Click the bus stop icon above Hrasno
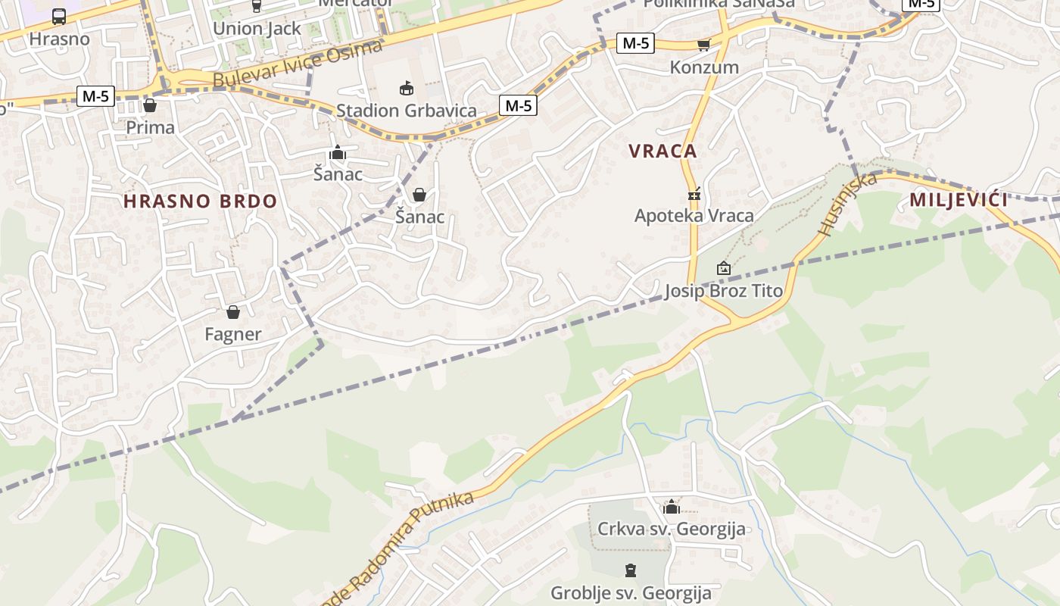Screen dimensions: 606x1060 coord(59,16)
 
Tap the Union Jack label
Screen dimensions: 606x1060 coord(257,29)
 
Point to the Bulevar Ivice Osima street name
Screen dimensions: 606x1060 coord(298,64)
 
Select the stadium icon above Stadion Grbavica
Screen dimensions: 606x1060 coord(407,88)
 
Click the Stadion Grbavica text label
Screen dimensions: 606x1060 coord(407,111)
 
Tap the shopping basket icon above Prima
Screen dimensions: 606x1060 coord(150,105)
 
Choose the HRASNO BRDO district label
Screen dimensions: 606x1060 coord(200,201)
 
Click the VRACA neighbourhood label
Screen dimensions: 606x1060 coord(662,151)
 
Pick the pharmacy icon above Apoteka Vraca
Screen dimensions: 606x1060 coord(694,194)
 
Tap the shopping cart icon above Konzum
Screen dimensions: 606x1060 coord(704,45)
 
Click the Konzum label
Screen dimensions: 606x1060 coord(704,67)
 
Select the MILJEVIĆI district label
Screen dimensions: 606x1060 coord(959,200)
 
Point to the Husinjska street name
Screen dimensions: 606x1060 coord(848,203)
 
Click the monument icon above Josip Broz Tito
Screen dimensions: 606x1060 coord(724,268)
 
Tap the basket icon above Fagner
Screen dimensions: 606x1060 coord(233,312)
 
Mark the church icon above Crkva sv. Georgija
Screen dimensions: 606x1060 coord(672,507)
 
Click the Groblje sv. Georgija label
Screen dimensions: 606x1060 coord(631,592)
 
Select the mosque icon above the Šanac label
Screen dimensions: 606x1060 coord(338,153)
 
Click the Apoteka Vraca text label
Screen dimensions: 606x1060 coord(694,216)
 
